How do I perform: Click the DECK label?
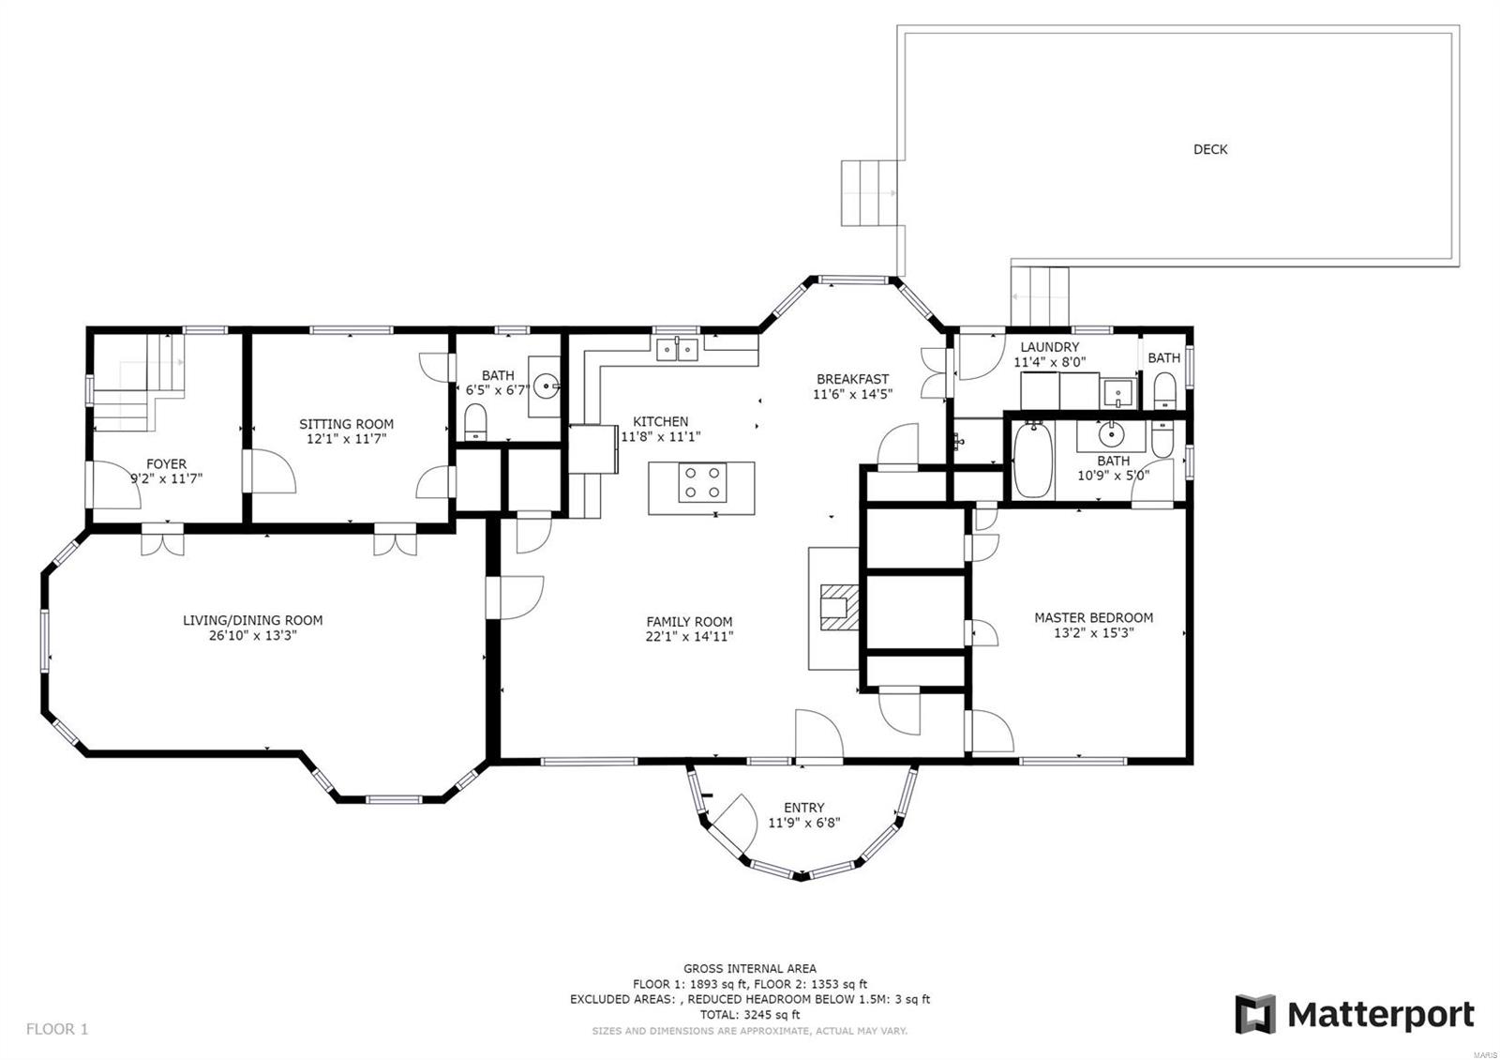pyautogui.click(x=1210, y=149)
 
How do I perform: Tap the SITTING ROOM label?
pyautogui.click(x=346, y=424)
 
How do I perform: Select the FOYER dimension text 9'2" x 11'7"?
pyautogui.click(x=166, y=478)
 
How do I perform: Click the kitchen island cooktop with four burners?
pyautogui.click(x=702, y=482)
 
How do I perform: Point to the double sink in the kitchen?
pyautogui.click(x=677, y=350)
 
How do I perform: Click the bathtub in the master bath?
pyautogui.click(x=1032, y=461)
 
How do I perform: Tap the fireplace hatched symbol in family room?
pyautogui.click(x=840, y=607)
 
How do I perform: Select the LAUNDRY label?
pyautogui.click(x=1049, y=347)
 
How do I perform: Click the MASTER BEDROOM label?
pyautogui.click(x=1093, y=618)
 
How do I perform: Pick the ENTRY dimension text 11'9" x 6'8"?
pyautogui.click(x=803, y=823)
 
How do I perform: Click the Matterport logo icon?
pyautogui.click(x=1255, y=1014)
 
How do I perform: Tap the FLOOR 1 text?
pyautogui.click(x=57, y=1029)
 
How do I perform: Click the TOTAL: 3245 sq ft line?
pyautogui.click(x=749, y=1014)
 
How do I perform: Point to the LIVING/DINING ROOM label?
pyautogui.click(x=252, y=620)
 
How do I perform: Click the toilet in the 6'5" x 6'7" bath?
pyautogui.click(x=475, y=422)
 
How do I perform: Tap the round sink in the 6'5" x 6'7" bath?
pyautogui.click(x=547, y=386)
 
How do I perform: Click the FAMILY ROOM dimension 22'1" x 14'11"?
pyautogui.click(x=689, y=637)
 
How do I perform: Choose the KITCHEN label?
pyautogui.click(x=660, y=421)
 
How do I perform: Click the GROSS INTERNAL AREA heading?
pyautogui.click(x=749, y=968)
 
